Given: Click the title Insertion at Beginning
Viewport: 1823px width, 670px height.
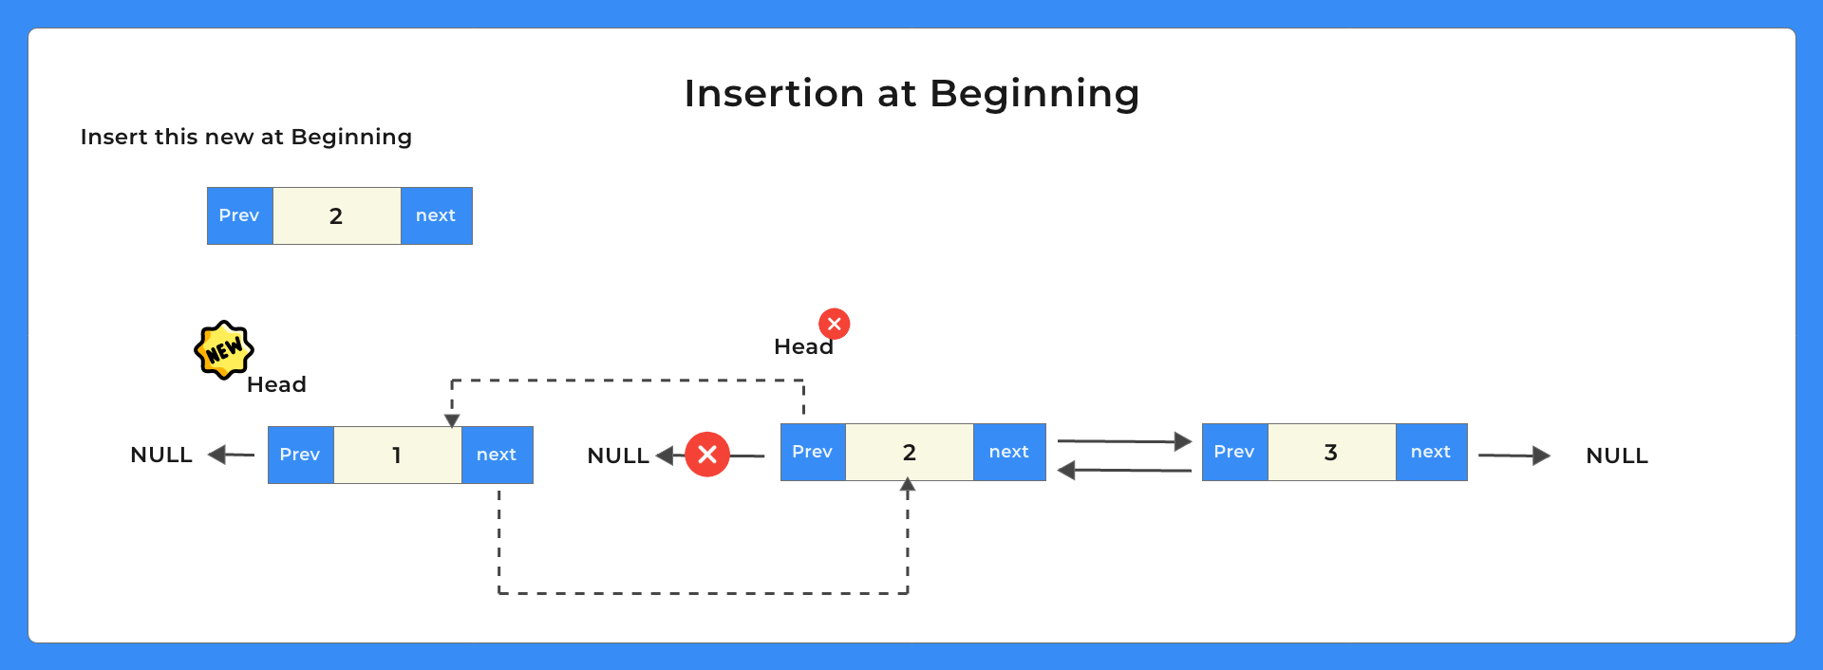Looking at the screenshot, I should [x=911, y=94].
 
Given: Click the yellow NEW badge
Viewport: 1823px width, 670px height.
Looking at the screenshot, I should [x=224, y=350].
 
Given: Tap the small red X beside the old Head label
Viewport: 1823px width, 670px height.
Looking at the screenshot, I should [x=835, y=324].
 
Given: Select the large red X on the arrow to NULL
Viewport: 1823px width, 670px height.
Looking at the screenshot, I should [x=707, y=455].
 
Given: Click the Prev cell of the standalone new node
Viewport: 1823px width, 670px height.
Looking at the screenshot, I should [x=239, y=215].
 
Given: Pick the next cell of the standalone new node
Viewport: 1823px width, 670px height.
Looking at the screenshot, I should [x=436, y=215].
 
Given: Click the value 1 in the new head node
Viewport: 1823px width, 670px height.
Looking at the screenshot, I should [x=397, y=455].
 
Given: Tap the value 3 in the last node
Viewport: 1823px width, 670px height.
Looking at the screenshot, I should [x=1331, y=452].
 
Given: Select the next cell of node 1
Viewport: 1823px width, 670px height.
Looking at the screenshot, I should [x=497, y=455].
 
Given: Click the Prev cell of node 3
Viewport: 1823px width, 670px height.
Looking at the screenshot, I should [x=1234, y=452].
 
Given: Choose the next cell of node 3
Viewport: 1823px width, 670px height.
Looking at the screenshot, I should [x=1431, y=452].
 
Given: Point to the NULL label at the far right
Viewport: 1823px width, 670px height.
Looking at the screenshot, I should [x=1617, y=456].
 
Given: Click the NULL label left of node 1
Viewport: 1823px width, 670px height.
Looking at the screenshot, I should [x=161, y=455].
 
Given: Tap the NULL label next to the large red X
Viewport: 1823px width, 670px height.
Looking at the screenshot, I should [x=618, y=456].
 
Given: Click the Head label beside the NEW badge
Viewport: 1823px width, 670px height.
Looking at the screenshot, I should [x=276, y=384].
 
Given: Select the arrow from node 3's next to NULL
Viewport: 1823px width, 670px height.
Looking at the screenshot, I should [x=1513, y=456].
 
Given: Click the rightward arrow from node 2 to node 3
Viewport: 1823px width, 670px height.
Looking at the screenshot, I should [x=1124, y=441].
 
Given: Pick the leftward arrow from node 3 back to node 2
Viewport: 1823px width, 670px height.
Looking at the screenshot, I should [x=1124, y=470].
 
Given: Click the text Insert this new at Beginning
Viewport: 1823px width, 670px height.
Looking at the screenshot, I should [x=246, y=137].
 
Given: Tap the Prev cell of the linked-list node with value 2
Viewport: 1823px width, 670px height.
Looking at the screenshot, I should [x=813, y=452].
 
